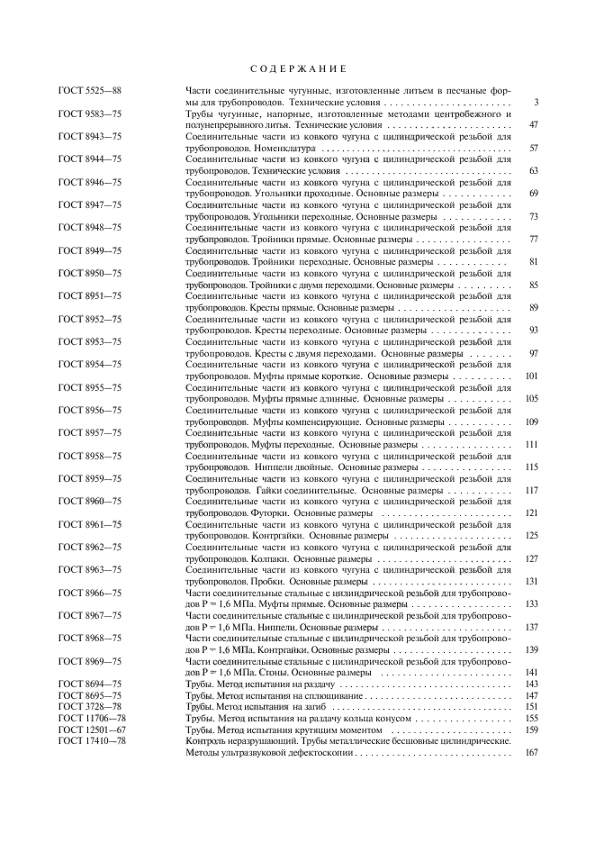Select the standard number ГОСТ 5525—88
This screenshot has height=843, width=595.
[90, 91]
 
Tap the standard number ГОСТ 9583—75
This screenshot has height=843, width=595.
[90, 113]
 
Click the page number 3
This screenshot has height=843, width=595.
[535, 103]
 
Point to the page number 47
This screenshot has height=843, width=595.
[533, 125]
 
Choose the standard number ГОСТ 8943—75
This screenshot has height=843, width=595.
[90, 136]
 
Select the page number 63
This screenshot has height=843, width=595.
[533, 170]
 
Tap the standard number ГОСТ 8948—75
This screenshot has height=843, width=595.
[90, 227]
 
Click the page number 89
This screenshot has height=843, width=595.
[533, 307]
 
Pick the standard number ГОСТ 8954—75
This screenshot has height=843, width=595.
[90, 364]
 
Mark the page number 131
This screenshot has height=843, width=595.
[531, 581]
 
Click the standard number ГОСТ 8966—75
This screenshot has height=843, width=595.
[90, 592]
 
